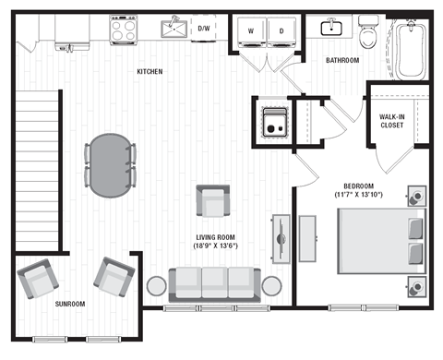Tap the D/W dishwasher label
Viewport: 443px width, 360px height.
pyautogui.click(x=203, y=30)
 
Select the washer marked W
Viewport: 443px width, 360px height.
pyautogui.click(x=249, y=30)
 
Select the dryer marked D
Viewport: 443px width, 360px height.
pyautogui.click(x=281, y=30)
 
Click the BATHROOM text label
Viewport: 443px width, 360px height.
pyautogui.click(x=342, y=61)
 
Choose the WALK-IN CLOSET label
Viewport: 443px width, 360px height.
pyautogui.click(x=398, y=121)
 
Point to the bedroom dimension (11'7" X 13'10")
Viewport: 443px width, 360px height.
pyautogui.click(x=359, y=196)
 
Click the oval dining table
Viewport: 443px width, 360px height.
pyautogui.click(x=111, y=165)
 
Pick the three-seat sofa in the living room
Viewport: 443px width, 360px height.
pyautogui.click(x=214, y=282)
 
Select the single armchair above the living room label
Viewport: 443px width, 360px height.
pyautogui.click(x=212, y=200)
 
